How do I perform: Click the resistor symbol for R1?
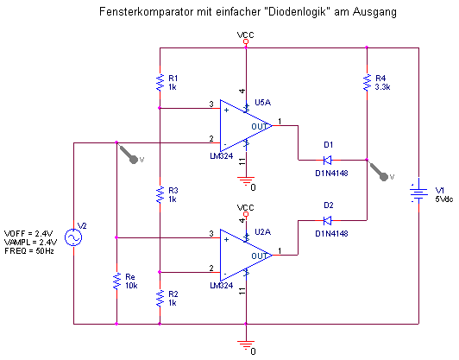[x=160, y=82]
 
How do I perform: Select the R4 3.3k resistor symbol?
[x=367, y=82]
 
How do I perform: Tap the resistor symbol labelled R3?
[x=160, y=194]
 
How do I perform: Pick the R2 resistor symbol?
[x=160, y=298]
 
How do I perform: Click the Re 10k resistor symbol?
[x=116, y=281]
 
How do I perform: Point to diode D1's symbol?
[x=328, y=160]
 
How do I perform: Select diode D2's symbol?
[x=328, y=220]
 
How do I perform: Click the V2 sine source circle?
[x=73, y=237]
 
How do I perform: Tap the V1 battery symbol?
[x=418, y=193]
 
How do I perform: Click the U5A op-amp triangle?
[x=246, y=126]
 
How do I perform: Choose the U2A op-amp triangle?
[x=246, y=256]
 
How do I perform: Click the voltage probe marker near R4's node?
[x=380, y=172]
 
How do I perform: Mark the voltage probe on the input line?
[x=129, y=154]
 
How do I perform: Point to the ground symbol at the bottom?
[x=246, y=344]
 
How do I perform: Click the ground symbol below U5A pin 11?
[x=246, y=180]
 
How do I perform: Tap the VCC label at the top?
[x=246, y=35]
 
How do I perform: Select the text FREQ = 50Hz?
[x=29, y=251]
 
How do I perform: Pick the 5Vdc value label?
[x=444, y=199]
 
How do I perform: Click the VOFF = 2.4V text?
[x=28, y=233]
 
